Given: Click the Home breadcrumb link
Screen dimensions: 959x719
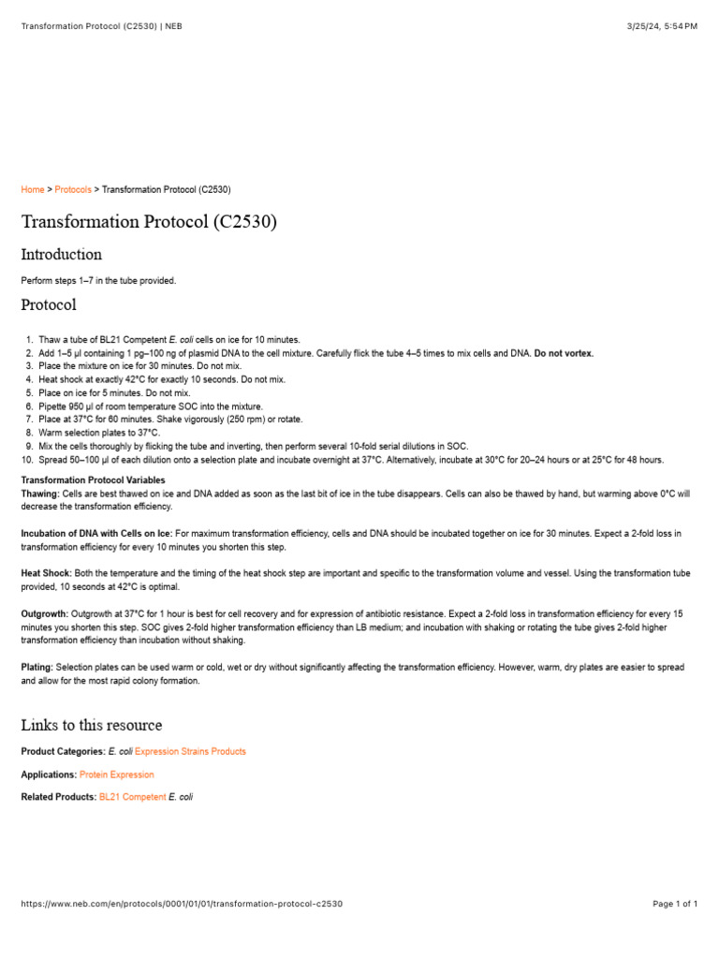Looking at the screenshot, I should point(32,189).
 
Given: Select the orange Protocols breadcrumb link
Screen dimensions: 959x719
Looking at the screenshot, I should point(73,189).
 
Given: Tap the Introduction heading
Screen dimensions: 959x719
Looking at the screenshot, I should point(61,254).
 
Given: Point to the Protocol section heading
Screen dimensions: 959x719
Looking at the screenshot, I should point(49,304).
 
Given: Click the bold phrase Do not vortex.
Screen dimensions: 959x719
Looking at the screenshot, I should point(564,353).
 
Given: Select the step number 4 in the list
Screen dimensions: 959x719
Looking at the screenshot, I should point(29,380).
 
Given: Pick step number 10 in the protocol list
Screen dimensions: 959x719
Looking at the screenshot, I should point(27,460).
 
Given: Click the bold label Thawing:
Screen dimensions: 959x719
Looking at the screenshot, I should point(40,493).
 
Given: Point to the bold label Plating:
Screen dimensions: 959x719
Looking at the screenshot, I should point(37,667).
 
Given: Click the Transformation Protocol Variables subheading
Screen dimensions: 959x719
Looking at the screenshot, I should point(93,480).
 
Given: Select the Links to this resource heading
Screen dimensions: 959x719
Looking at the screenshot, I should point(91,725).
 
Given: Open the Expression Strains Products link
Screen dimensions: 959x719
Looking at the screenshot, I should point(190,751).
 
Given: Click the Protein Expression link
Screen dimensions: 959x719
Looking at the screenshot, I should point(117,775).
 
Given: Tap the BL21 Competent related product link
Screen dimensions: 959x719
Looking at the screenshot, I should point(132,797).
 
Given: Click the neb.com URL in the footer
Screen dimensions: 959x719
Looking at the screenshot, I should point(182,904).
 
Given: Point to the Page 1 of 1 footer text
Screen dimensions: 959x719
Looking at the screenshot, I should point(674,904).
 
